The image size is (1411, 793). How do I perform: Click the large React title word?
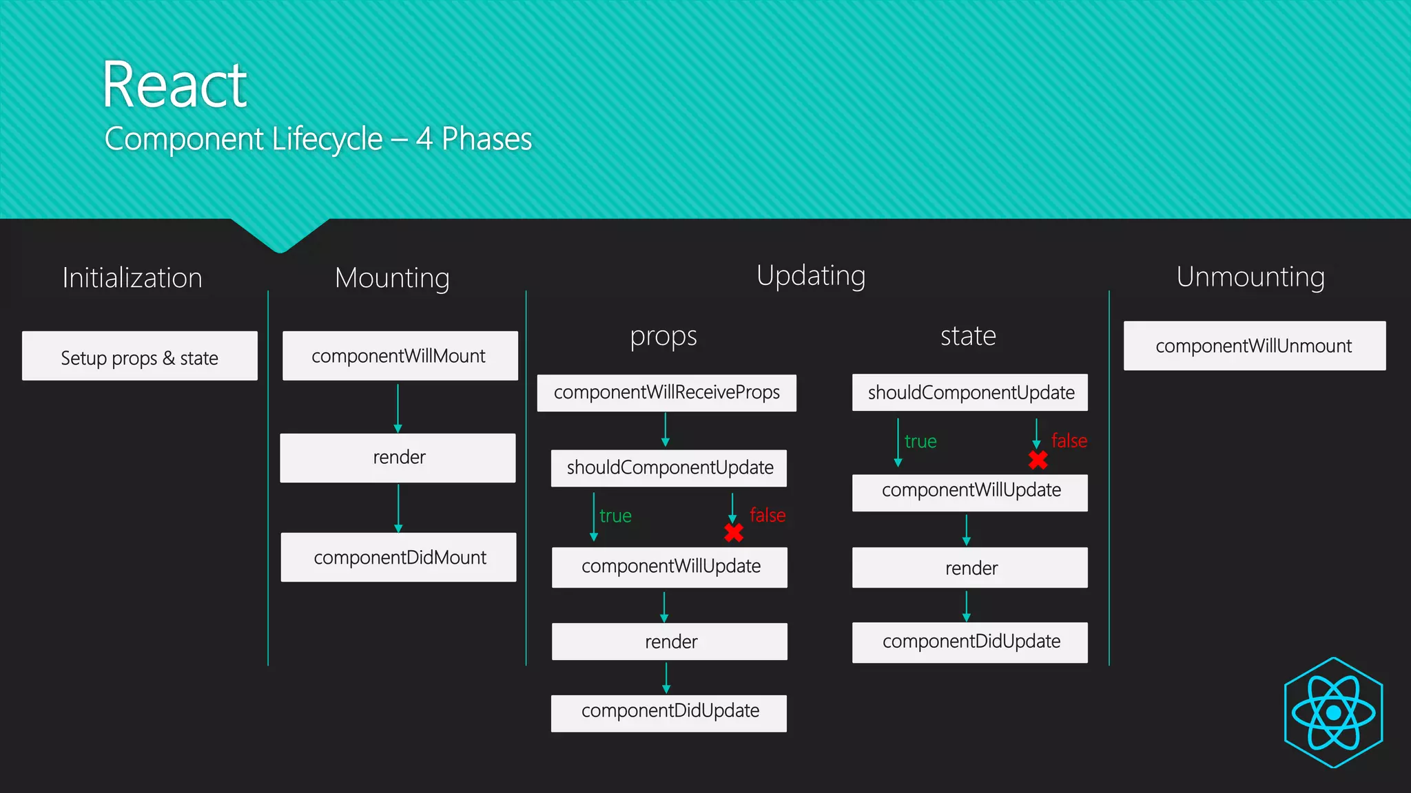[174, 85]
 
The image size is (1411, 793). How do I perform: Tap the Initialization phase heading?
[132, 277]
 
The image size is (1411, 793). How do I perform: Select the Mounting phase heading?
[392, 278]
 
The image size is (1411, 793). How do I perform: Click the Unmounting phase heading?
[1250, 277]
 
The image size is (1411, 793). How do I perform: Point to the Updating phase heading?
[811, 276]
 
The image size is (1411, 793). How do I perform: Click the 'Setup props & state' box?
[140, 357]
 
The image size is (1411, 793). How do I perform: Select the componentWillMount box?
[400, 356]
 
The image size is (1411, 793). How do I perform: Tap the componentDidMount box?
[399, 557]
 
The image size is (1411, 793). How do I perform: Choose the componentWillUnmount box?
[1254, 346]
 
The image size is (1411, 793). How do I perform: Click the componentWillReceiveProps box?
[666, 392]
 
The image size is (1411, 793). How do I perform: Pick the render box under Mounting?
[398, 458]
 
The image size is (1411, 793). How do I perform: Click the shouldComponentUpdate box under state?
[970, 392]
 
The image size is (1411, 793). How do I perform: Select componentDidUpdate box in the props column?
[669, 712]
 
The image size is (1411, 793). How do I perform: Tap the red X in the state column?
[1038, 460]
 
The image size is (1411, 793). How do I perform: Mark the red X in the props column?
[734, 533]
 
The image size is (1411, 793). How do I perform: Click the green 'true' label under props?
[615, 516]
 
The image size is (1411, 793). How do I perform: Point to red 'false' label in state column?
[1069, 441]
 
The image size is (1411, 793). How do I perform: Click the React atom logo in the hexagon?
[1333, 712]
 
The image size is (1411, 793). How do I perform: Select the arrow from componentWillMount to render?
[398, 408]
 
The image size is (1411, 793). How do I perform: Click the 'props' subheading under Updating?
[663, 337]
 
